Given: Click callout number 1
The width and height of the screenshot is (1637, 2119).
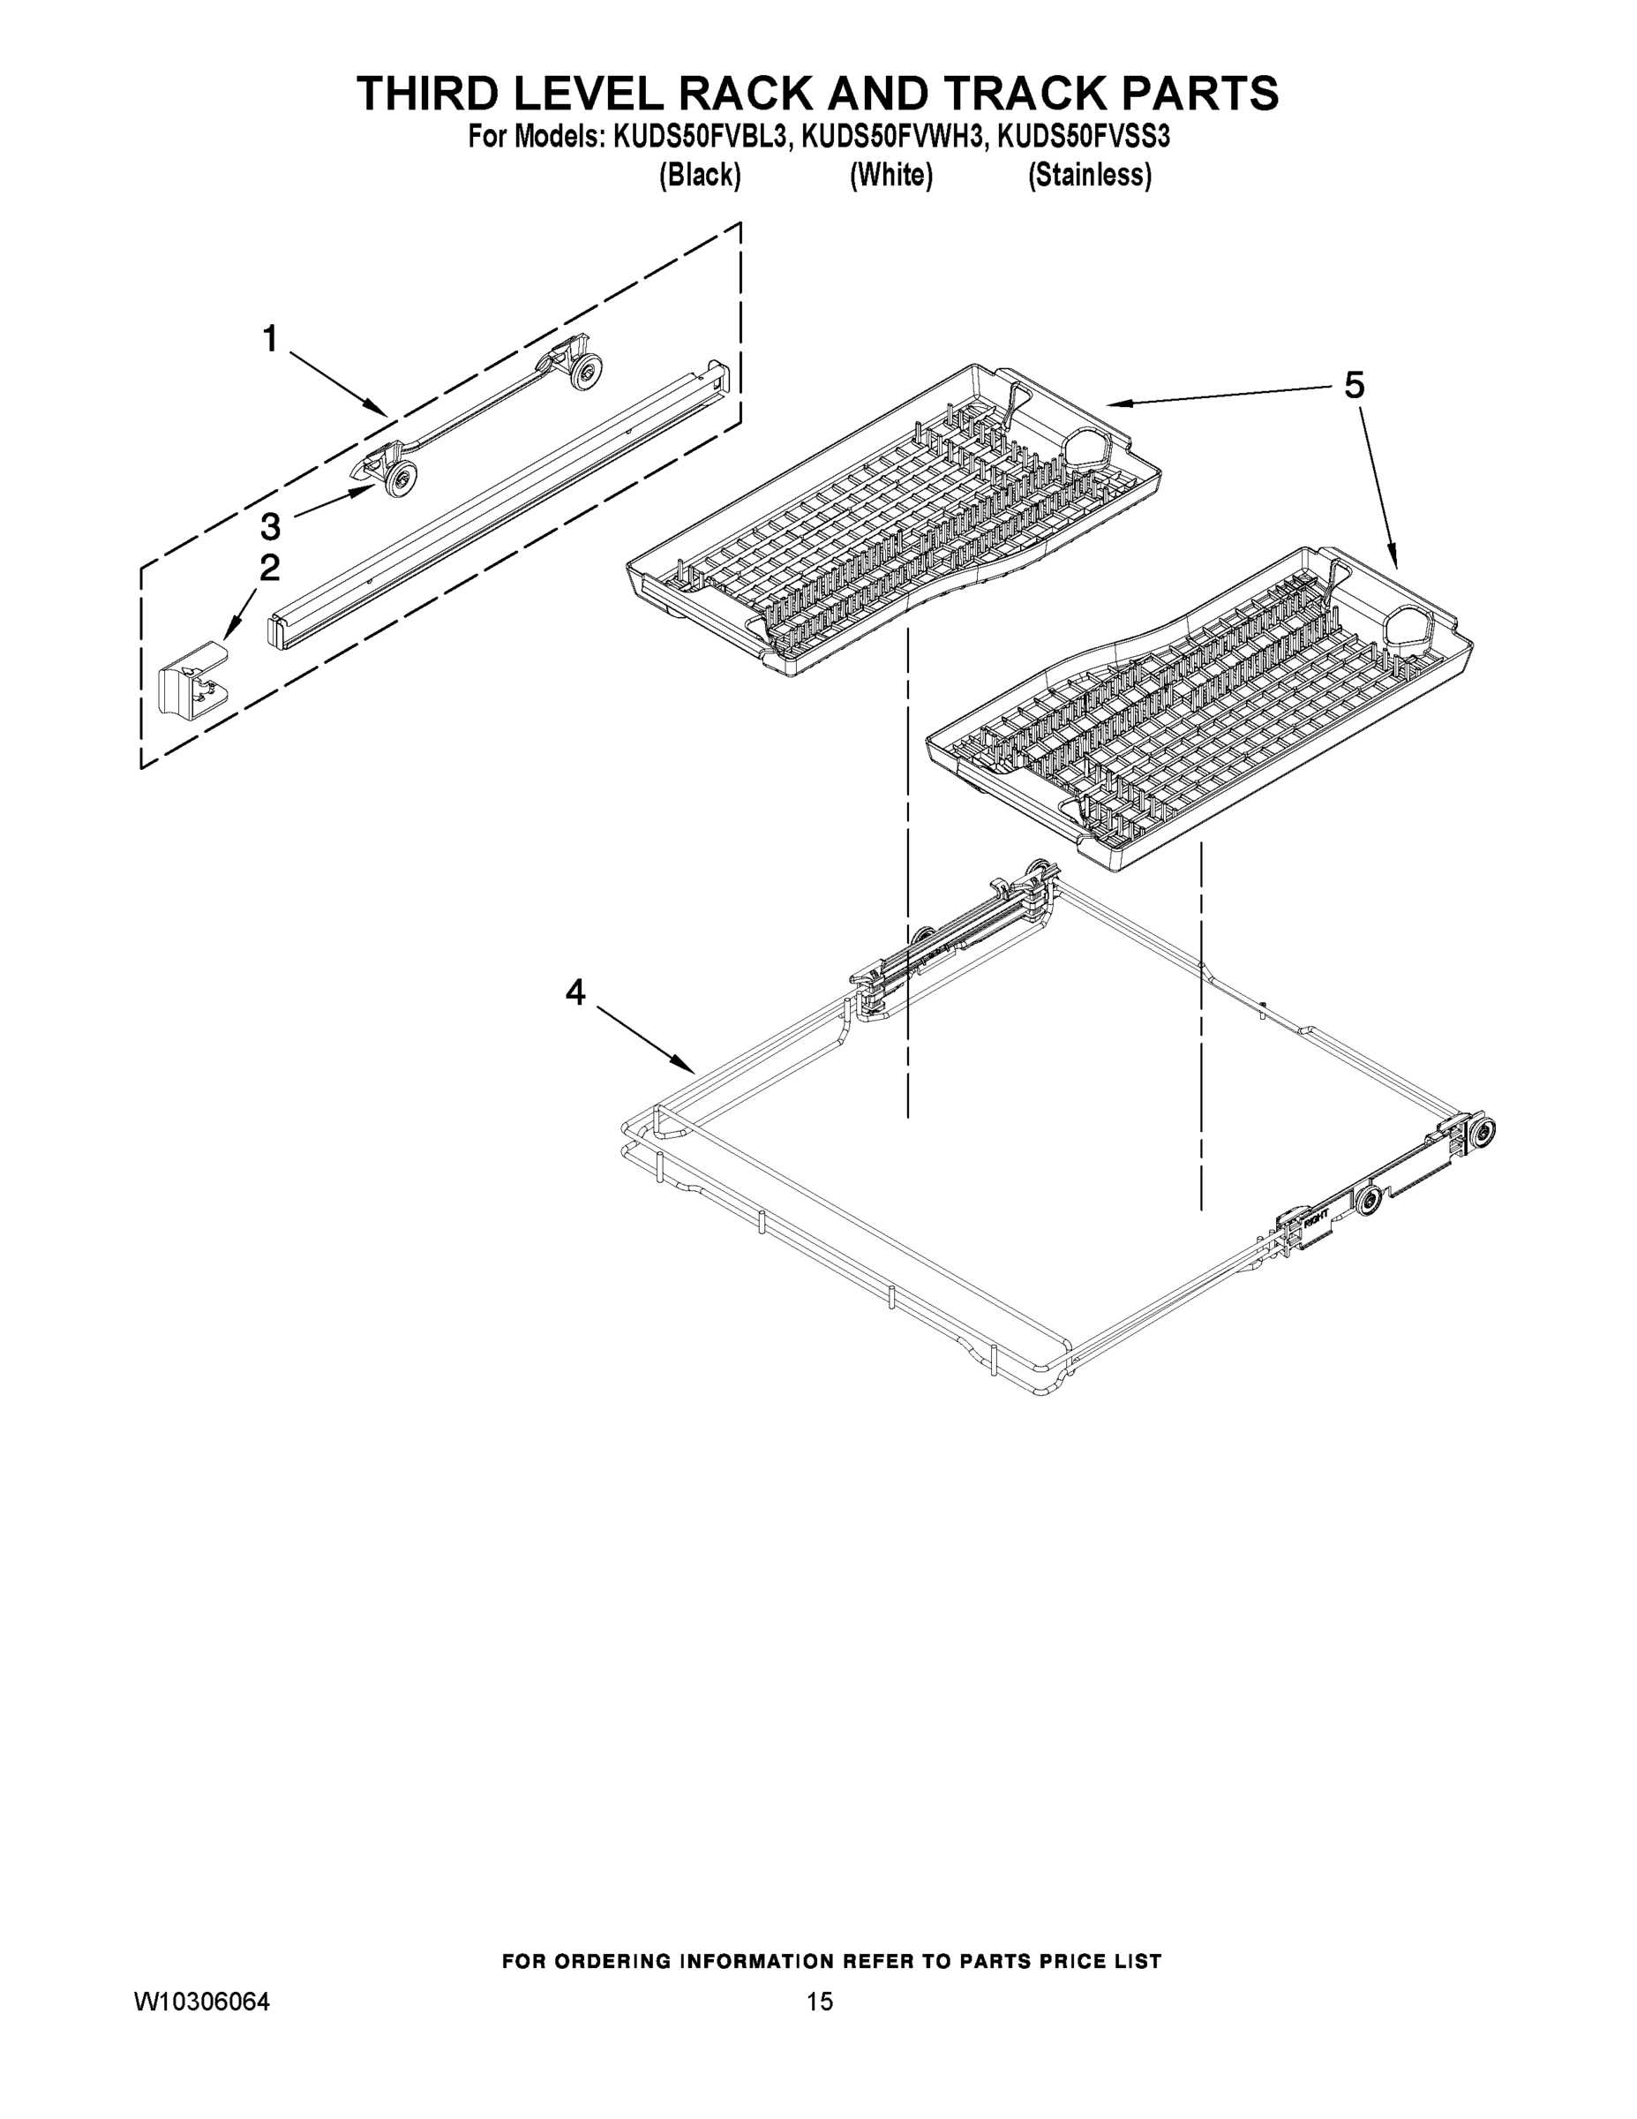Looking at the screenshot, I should (x=270, y=340).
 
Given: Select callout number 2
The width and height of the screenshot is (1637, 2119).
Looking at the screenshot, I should (x=270, y=568).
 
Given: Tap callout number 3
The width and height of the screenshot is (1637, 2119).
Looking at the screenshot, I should (x=270, y=527).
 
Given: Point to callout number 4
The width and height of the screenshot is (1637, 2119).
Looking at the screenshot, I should (x=575, y=992).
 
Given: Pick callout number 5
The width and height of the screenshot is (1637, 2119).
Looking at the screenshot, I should (x=1354, y=386).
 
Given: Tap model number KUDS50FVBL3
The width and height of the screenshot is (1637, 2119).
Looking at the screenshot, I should (x=698, y=137).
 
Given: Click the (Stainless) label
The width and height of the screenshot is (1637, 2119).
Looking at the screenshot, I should (x=1089, y=176).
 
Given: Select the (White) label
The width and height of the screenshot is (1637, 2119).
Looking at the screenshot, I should (x=890, y=176).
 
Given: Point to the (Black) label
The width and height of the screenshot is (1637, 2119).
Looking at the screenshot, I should (x=700, y=176).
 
